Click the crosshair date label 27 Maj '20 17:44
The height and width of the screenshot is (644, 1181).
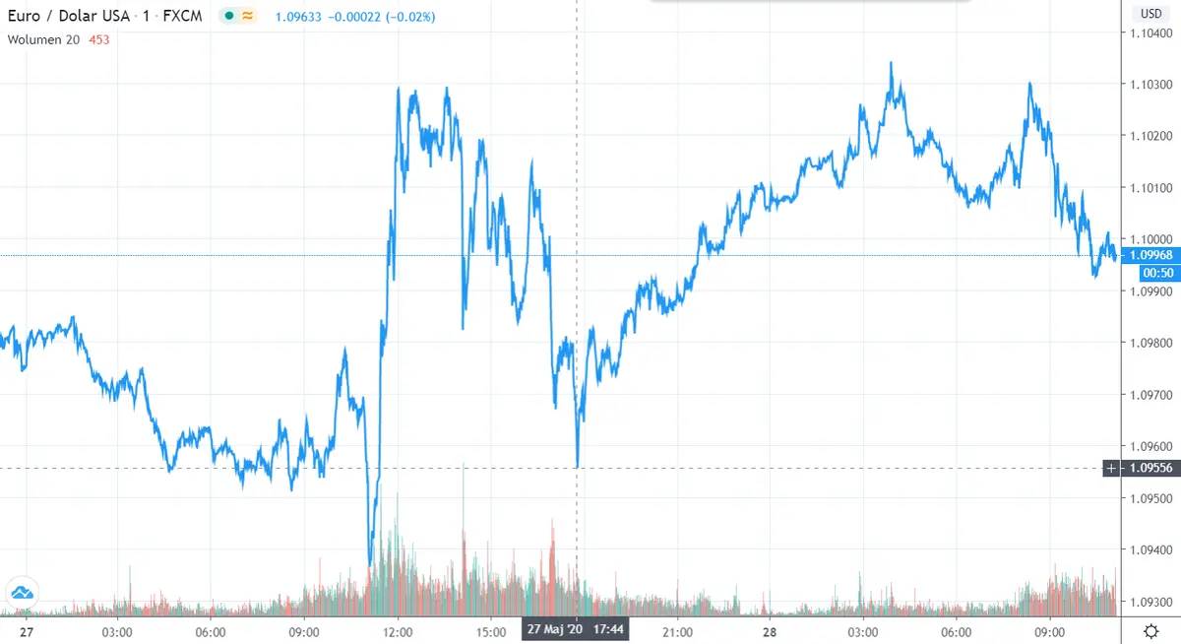tap(575, 628)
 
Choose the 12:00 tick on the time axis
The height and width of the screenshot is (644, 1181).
tap(398, 632)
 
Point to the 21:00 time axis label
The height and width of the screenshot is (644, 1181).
tap(677, 632)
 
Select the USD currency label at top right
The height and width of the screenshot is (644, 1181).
tap(1150, 13)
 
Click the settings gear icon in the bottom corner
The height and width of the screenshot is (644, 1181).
tap(1150, 631)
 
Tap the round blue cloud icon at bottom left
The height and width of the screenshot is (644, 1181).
tap(22, 593)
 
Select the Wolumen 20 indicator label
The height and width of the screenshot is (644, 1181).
tap(43, 40)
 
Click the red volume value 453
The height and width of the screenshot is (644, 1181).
tap(98, 40)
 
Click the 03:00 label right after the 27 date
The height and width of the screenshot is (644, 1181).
tap(117, 632)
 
